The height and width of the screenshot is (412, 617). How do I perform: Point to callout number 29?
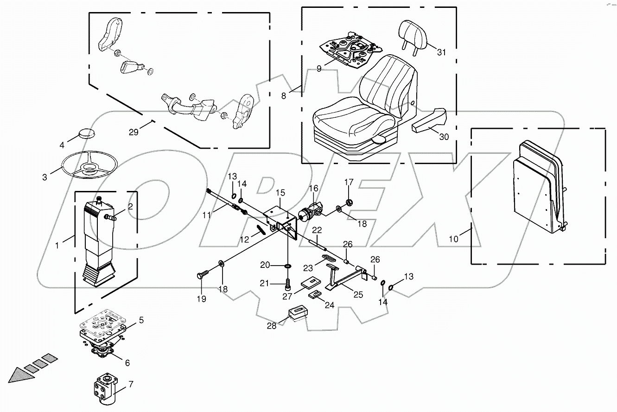[134, 133]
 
